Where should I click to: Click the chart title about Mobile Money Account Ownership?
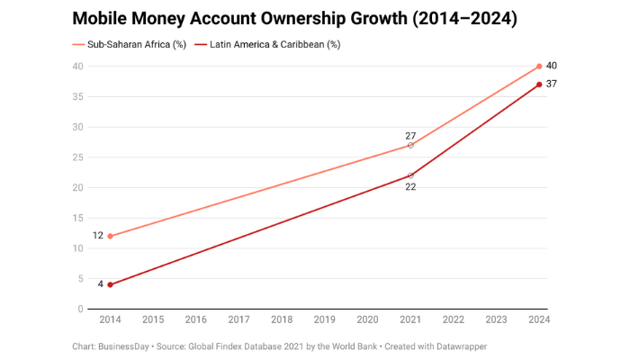[x=294, y=18]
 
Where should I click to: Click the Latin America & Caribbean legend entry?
[x=268, y=44]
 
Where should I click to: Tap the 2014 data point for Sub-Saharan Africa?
[x=110, y=236]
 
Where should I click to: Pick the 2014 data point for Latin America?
[x=110, y=284]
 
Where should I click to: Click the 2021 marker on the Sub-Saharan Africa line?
[x=410, y=145]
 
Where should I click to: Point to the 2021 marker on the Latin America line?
[x=410, y=175]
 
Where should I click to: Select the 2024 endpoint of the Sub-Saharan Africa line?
[x=539, y=66]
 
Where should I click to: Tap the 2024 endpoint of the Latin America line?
[x=539, y=85]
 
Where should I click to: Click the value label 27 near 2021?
[x=410, y=135]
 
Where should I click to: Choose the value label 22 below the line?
[x=410, y=187]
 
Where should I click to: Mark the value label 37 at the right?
[x=552, y=85]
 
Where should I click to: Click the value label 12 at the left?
[x=97, y=236]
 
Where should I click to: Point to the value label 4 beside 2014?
[x=101, y=284]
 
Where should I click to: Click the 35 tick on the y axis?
[x=78, y=96]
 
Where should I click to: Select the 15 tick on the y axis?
[x=78, y=218]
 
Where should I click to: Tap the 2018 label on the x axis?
[x=282, y=319]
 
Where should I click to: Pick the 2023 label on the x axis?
[x=496, y=319]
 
